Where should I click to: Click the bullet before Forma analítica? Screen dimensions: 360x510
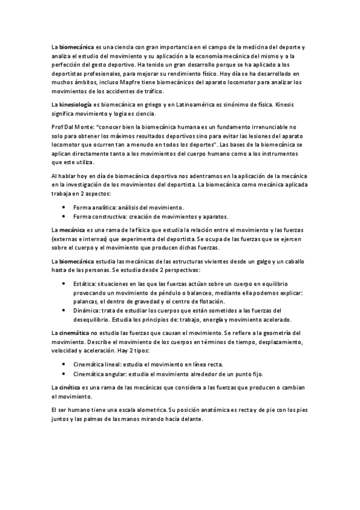point(64,206)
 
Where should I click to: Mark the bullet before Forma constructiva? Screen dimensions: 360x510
point(64,216)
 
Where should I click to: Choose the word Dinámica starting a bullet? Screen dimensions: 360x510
point(87,310)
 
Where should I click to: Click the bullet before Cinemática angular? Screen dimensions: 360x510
point(64,374)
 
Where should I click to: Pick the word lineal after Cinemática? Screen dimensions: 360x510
point(114,364)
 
